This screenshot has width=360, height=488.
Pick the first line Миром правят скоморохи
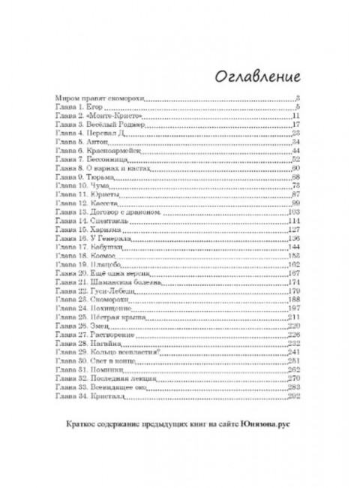(x=100, y=98)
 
